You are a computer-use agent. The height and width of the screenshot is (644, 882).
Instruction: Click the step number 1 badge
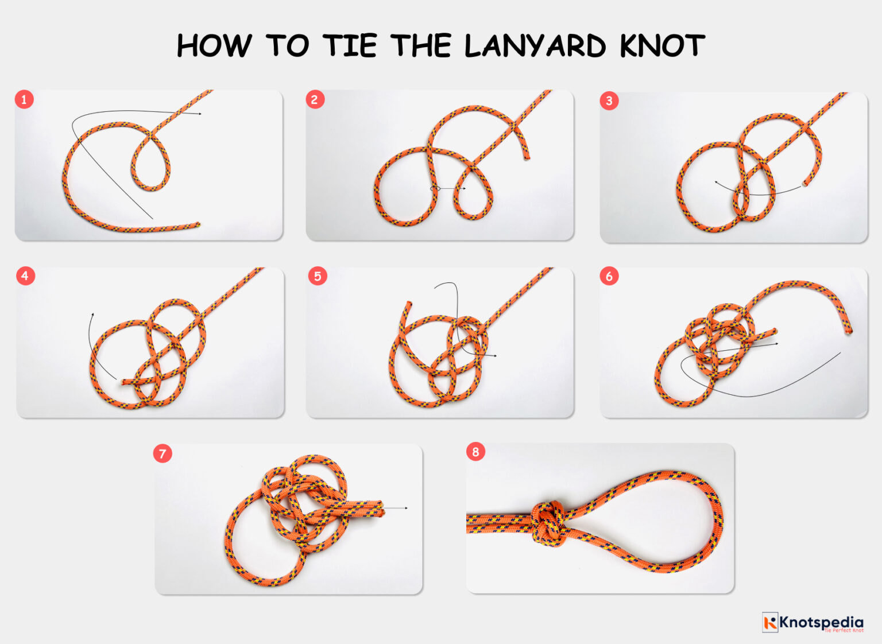tap(24, 100)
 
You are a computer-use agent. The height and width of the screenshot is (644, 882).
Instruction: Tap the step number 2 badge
tap(314, 100)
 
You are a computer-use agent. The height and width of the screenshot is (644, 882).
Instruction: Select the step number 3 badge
tap(609, 102)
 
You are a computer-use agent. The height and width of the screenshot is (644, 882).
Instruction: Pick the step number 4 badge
tap(25, 276)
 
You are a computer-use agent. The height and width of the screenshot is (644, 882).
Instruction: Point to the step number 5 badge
tap(317, 276)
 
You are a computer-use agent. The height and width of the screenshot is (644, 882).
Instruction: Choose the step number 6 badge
tap(609, 276)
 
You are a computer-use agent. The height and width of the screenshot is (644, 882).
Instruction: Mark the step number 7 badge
tap(163, 454)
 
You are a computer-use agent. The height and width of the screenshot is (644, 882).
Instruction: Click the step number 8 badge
tap(475, 452)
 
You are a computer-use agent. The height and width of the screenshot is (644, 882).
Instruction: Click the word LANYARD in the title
tap(535, 46)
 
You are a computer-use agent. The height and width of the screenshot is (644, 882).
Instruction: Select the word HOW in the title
tap(214, 46)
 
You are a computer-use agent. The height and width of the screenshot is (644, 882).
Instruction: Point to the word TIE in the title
tap(350, 46)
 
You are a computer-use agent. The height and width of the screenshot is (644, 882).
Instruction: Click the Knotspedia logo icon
tap(770, 622)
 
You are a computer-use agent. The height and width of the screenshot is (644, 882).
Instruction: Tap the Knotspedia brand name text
tap(821, 622)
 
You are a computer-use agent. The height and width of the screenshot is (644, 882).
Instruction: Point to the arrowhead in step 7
tap(405, 508)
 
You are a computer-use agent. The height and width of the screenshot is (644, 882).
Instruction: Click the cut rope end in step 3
tap(805, 184)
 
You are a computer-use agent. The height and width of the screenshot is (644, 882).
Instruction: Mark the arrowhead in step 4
tap(92, 315)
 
